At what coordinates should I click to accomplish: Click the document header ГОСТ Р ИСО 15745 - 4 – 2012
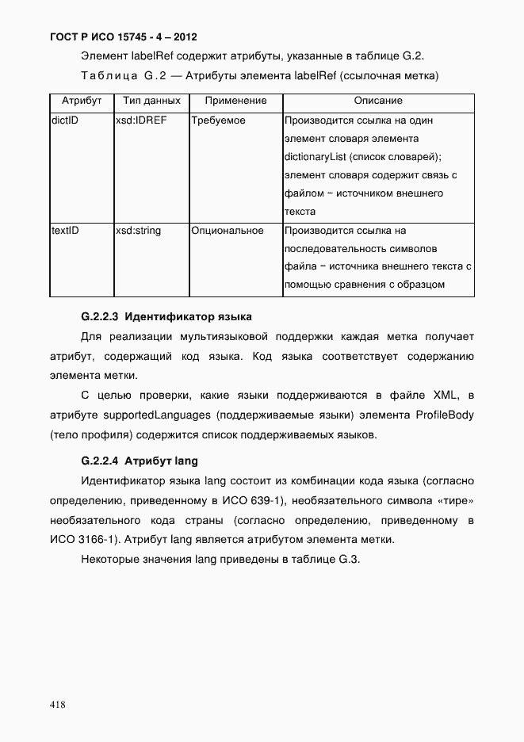[123, 37]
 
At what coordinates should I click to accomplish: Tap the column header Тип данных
[151, 101]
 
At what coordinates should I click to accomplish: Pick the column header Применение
[235, 101]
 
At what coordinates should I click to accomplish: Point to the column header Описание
[377, 101]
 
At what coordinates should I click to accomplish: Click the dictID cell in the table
[64, 121]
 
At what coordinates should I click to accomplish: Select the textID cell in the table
[65, 231]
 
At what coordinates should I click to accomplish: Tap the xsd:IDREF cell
[141, 121]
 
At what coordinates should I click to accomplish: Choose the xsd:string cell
[139, 231]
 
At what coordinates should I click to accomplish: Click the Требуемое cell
[218, 121]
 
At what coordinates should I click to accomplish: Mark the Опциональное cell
[227, 231]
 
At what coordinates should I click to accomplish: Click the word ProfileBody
[444, 415]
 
